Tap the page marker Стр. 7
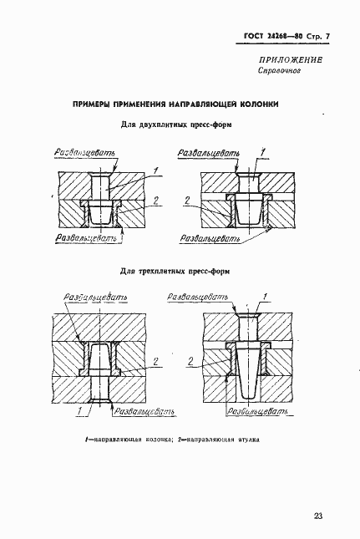tap(310, 35)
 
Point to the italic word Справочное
tap(277, 72)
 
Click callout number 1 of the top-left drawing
tap(156, 170)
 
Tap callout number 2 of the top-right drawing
tap(186, 201)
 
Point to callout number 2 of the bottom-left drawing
tap(156, 360)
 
